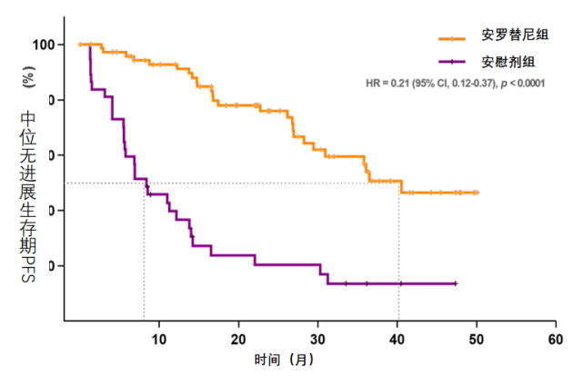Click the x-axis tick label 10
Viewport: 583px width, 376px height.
coord(159,339)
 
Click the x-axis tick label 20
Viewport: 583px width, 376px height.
coord(238,339)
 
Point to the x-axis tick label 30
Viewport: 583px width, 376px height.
coord(318,339)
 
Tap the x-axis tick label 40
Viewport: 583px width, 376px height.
coord(397,339)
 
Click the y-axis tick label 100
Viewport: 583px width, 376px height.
coord(43,45)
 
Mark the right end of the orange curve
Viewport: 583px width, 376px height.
coord(477,193)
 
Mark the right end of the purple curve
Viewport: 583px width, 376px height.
coord(455,284)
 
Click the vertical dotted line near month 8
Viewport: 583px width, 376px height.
coord(144,263)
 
